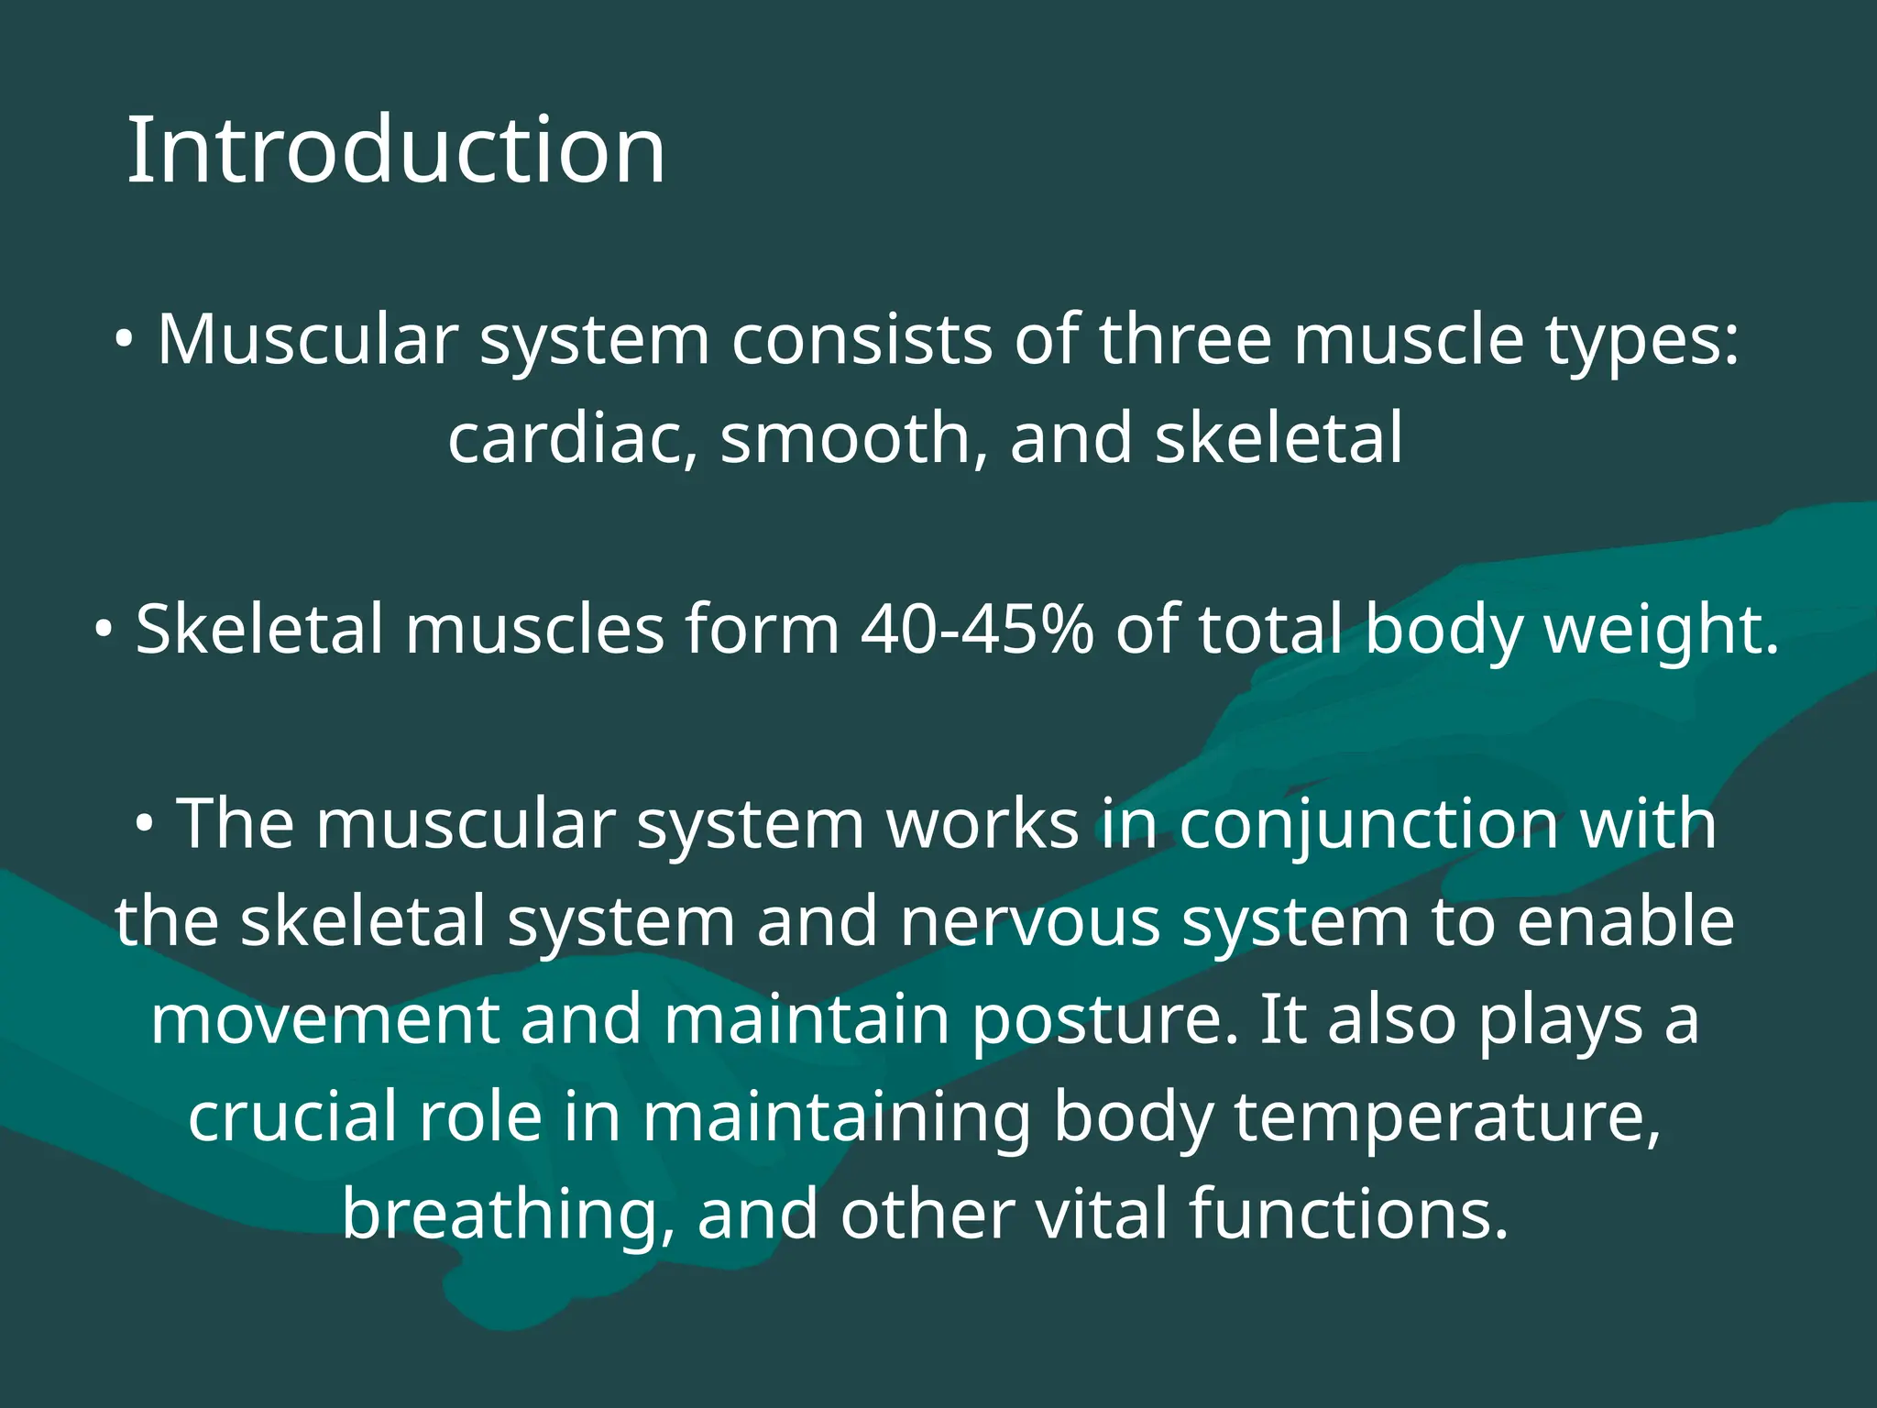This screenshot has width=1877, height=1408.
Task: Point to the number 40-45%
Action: (x=977, y=630)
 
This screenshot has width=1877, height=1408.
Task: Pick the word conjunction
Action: (x=1368, y=823)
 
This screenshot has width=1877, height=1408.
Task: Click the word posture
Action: (x=1103, y=1020)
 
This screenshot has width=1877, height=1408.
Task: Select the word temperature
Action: (x=1447, y=1117)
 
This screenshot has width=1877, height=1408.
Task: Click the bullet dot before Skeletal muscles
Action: (x=104, y=631)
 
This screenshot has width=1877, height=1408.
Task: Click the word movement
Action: (x=324, y=1020)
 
